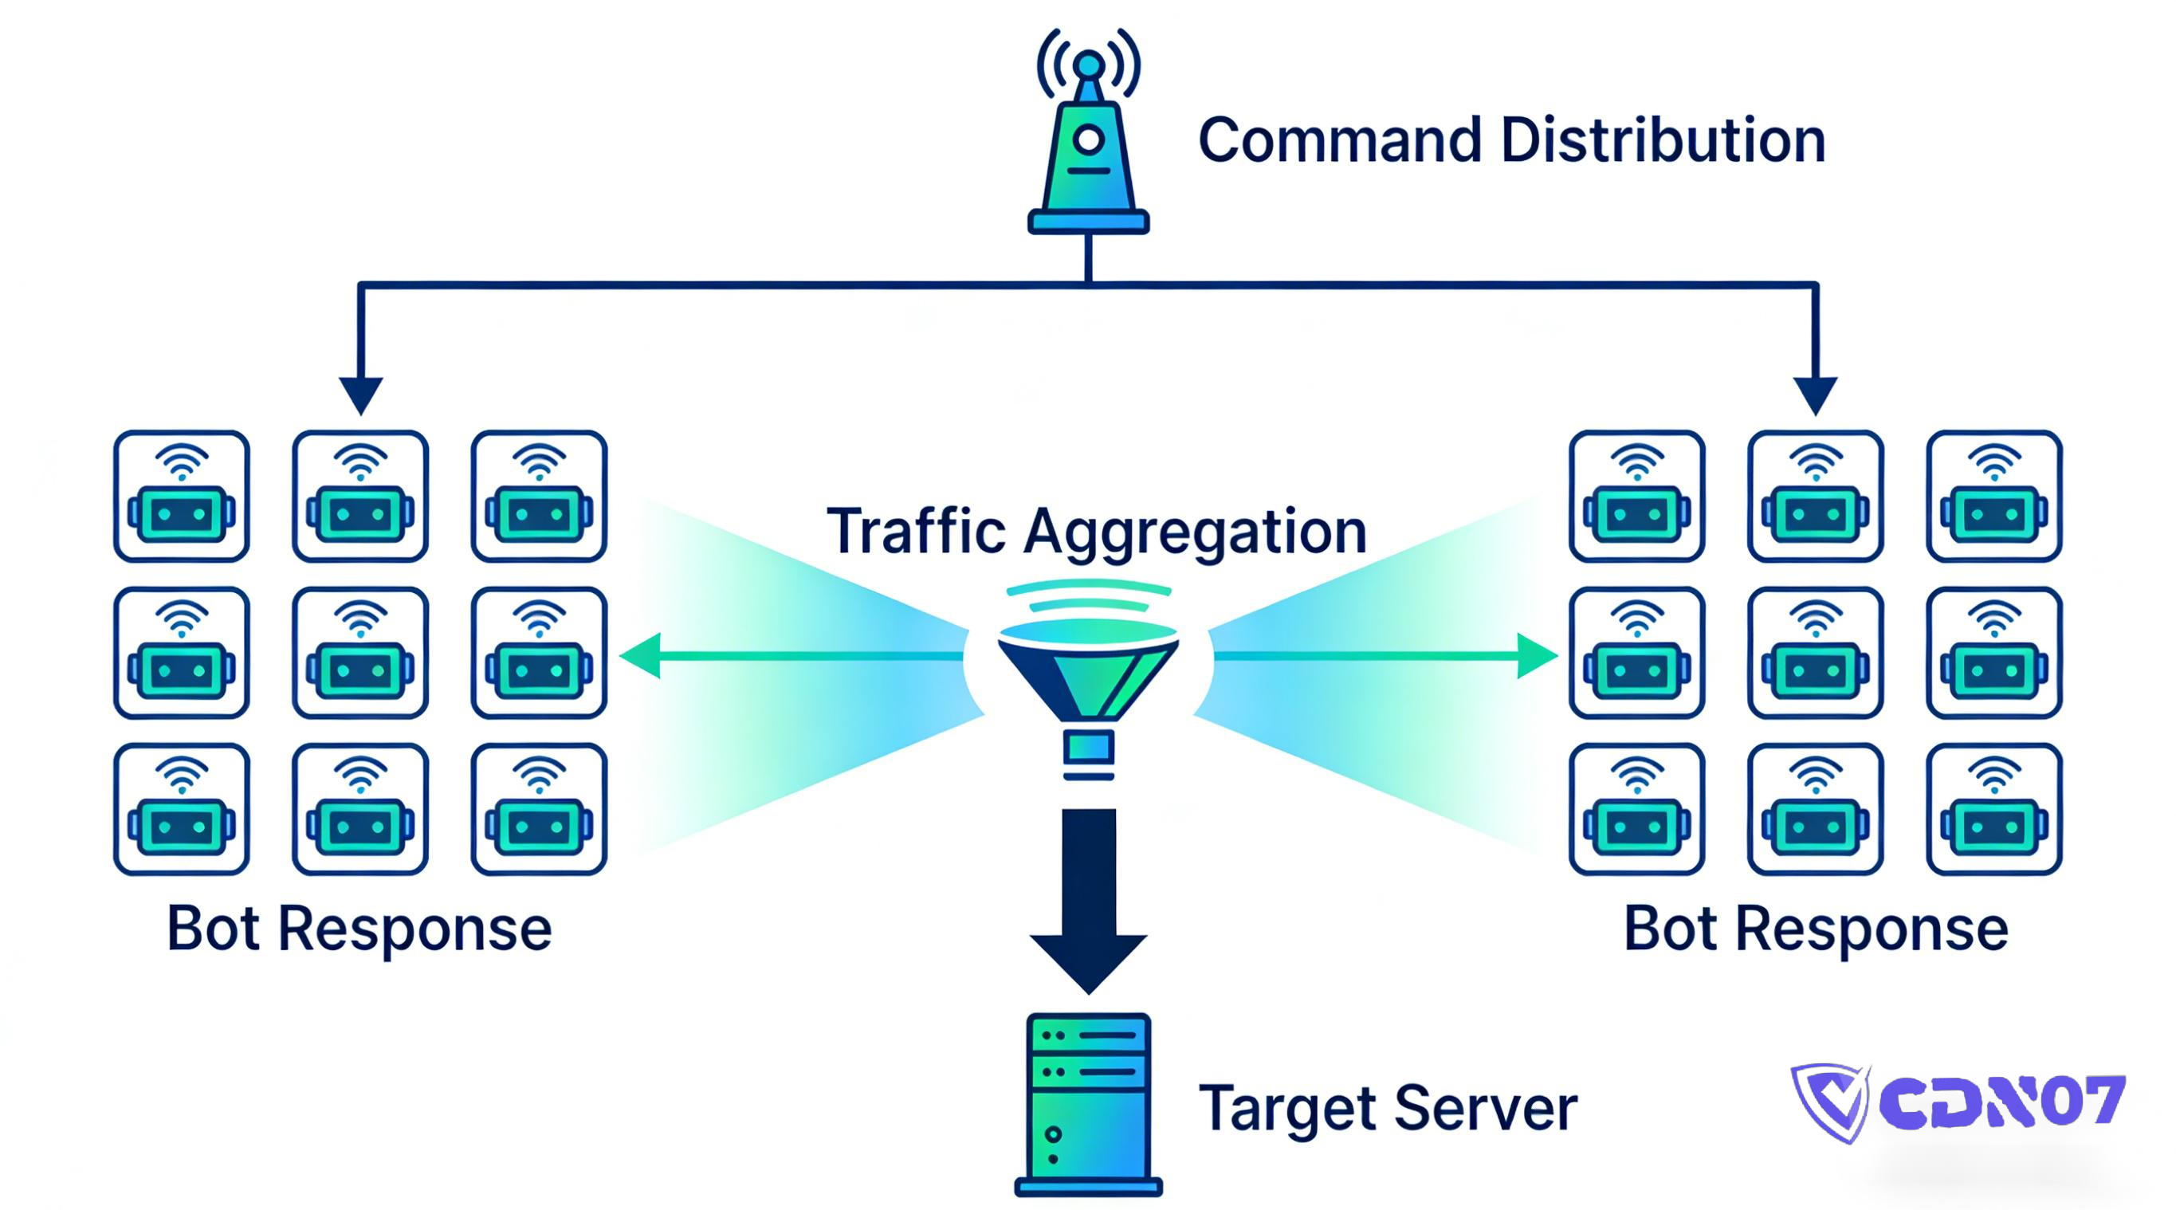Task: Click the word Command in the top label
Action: coord(1340,140)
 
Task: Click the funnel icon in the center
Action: coord(1088,676)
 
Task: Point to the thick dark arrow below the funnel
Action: coord(1088,896)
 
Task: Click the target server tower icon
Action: coord(1088,1102)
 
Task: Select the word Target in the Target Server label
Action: coord(1288,1109)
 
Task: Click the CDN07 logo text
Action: coord(2002,1101)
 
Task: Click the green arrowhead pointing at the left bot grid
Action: coord(642,656)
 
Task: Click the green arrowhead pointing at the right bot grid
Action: coord(1536,656)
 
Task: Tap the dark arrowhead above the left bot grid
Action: coord(361,394)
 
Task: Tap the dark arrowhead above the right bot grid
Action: coord(1815,394)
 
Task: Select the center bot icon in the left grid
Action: coord(361,652)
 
